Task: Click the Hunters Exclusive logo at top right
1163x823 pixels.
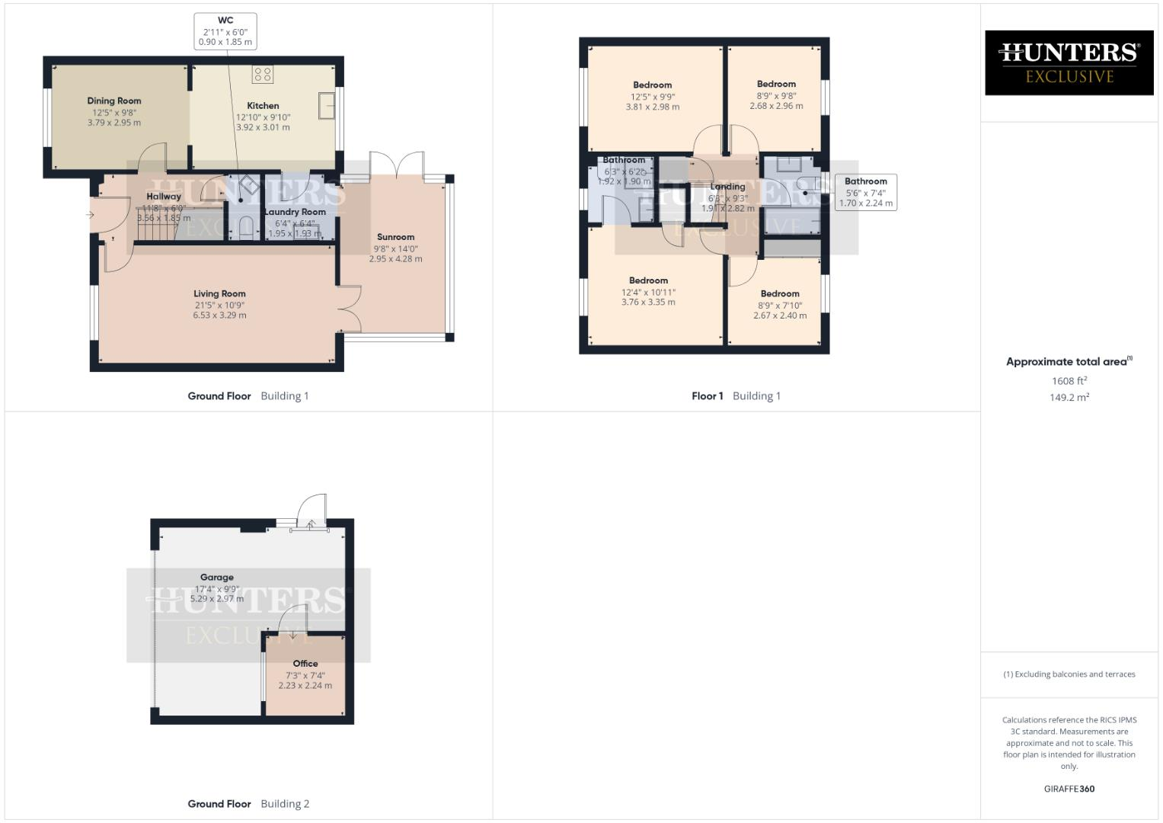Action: point(1069,62)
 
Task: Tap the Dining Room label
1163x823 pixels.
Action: point(114,101)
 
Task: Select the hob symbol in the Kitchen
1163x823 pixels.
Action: point(264,75)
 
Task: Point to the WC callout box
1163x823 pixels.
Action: point(225,31)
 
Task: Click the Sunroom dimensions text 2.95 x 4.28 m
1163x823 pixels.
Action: point(395,259)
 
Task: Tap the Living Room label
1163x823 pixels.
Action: point(219,293)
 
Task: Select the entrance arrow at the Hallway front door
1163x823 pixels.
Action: point(90,215)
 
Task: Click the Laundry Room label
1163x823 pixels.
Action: point(295,212)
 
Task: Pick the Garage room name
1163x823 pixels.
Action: point(217,578)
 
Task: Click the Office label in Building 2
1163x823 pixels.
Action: point(305,664)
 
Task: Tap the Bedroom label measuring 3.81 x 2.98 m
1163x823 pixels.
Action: point(652,85)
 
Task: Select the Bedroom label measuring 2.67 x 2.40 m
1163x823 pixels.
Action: point(780,293)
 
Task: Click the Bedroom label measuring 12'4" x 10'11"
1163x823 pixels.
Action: point(648,280)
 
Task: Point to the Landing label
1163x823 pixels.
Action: point(727,187)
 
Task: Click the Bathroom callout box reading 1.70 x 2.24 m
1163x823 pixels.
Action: point(865,192)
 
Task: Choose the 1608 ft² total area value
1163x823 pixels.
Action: point(1069,381)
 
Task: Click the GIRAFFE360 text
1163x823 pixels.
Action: point(1069,789)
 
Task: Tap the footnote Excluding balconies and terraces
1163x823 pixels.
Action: point(1069,674)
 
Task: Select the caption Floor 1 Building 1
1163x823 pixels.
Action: point(736,395)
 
